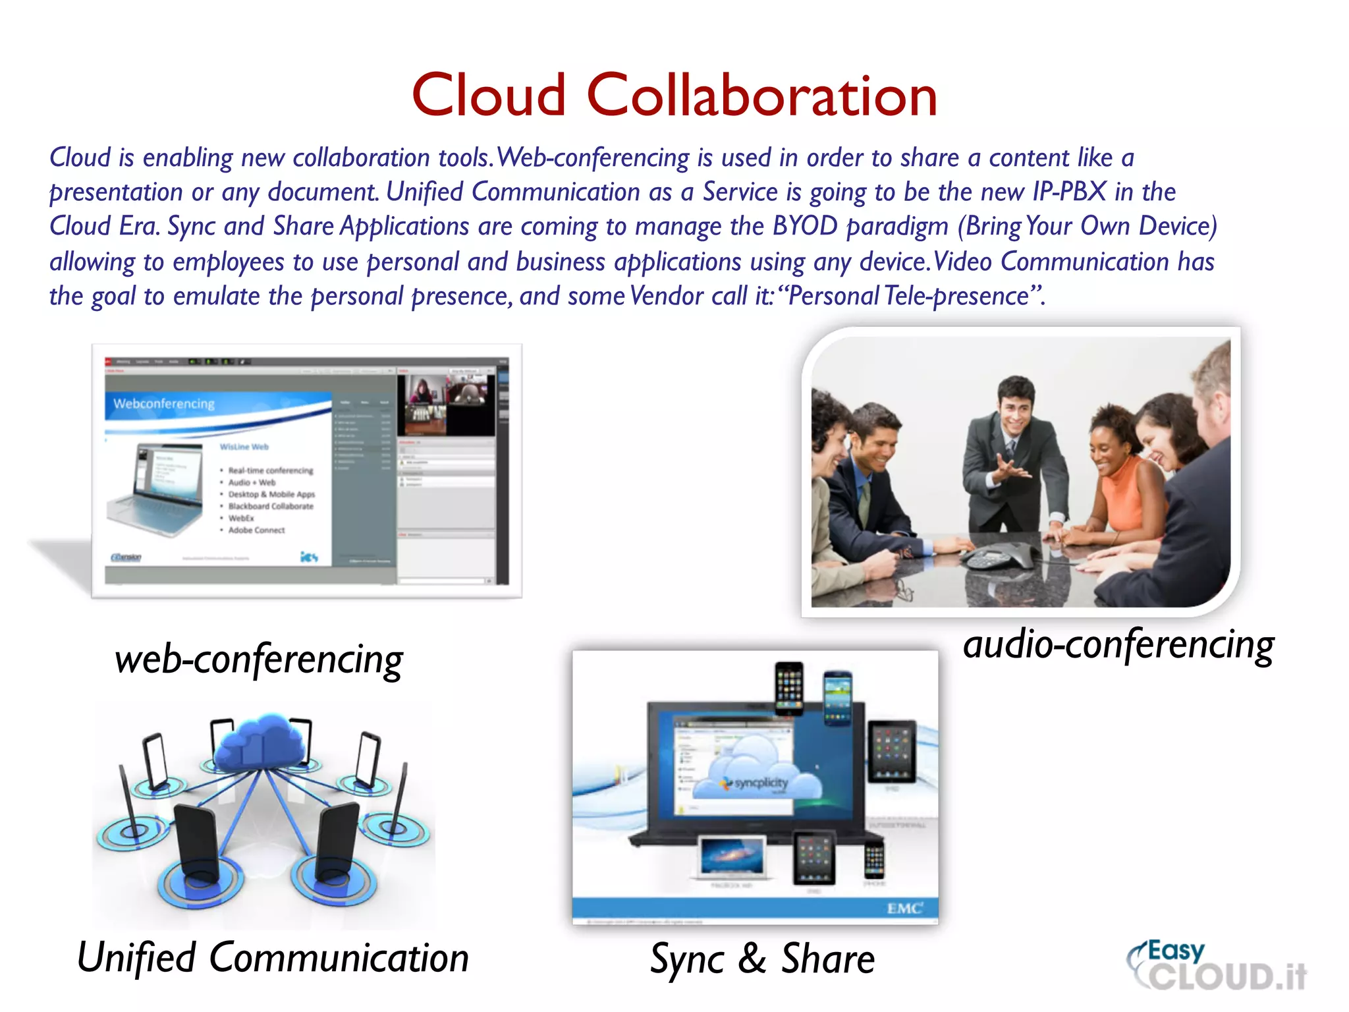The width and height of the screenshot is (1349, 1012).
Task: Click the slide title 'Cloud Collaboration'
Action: pyautogui.click(x=674, y=96)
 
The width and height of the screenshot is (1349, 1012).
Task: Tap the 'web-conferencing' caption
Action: pyautogui.click(x=259, y=660)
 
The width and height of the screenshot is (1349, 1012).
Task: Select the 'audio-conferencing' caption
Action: pyautogui.click(x=1118, y=644)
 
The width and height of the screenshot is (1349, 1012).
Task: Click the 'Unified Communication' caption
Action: pyautogui.click(x=273, y=957)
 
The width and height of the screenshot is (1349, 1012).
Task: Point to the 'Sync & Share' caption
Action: pyautogui.click(x=762, y=959)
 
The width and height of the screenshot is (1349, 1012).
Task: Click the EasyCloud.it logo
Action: pyautogui.click(x=1217, y=967)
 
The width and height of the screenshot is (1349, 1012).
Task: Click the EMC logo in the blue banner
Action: pyautogui.click(x=904, y=909)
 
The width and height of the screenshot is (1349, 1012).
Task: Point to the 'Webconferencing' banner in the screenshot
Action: pyautogui.click(x=165, y=404)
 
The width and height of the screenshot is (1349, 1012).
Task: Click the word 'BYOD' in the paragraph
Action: pyautogui.click(x=804, y=226)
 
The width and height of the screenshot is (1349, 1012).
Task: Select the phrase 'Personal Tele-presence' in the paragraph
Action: pyautogui.click(x=908, y=296)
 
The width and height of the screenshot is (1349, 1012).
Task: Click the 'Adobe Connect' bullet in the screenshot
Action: pyautogui.click(x=256, y=530)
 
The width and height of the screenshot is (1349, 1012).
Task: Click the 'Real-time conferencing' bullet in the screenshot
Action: pyautogui.click(x=270, y=470)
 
